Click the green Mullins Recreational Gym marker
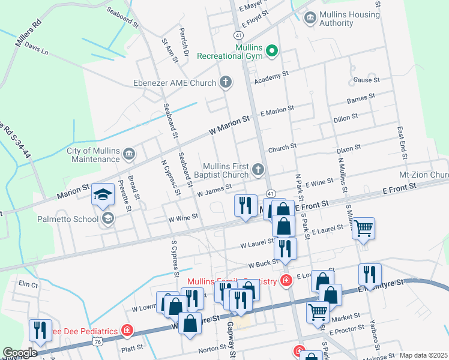click(x=272, y=51)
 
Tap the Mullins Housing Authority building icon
click(x=310, y=19)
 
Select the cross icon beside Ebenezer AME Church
click(x=226, y=82)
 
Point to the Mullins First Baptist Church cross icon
click(x=259, y=170)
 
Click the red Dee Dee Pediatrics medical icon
click(x=127, y=331)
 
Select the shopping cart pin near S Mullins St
click(x=363, y=228)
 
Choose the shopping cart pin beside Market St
click(x=318, y=311)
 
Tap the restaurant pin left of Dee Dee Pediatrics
click(x=40, y=330)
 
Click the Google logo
click(x=20, y=353)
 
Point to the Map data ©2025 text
click(x=423, y=355)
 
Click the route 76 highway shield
click(x=97, y=341)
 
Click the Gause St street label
click(x=367, y=80)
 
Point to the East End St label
click(x=403, y=142)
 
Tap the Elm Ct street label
click(x=28, y=284)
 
